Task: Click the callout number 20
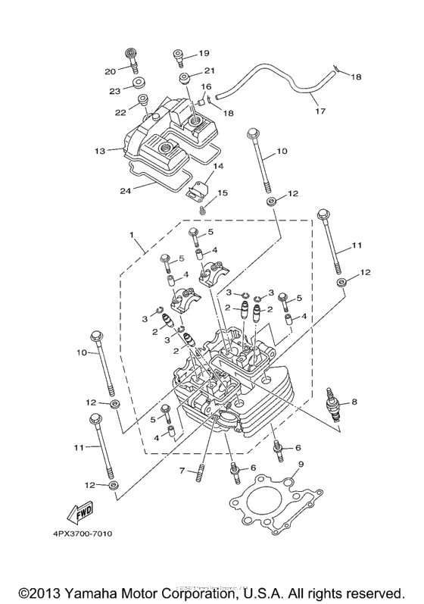pyautogui.click(x=111, y=71)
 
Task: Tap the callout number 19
pyautogui.click(x=204, y=53)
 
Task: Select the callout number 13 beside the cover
pyautogui.click(x=100, y=151)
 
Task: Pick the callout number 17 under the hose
pyautogui.click(x=320, y=111)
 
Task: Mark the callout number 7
pyautogui.click(x=182, y=471)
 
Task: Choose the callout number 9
pyautogui.click(x=301, y=464)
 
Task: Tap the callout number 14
pyautogui.click(x=217, y=165)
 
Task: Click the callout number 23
pyautogui.click(x=115, y=91)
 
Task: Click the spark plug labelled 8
pyautogui.click(x=331, y=407)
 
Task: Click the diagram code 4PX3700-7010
pyautogui.click(x=83, y=534)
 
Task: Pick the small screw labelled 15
pyautogui.click(x=202, y=208)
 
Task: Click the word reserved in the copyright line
pyautogui.click(x=373, y=591)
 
